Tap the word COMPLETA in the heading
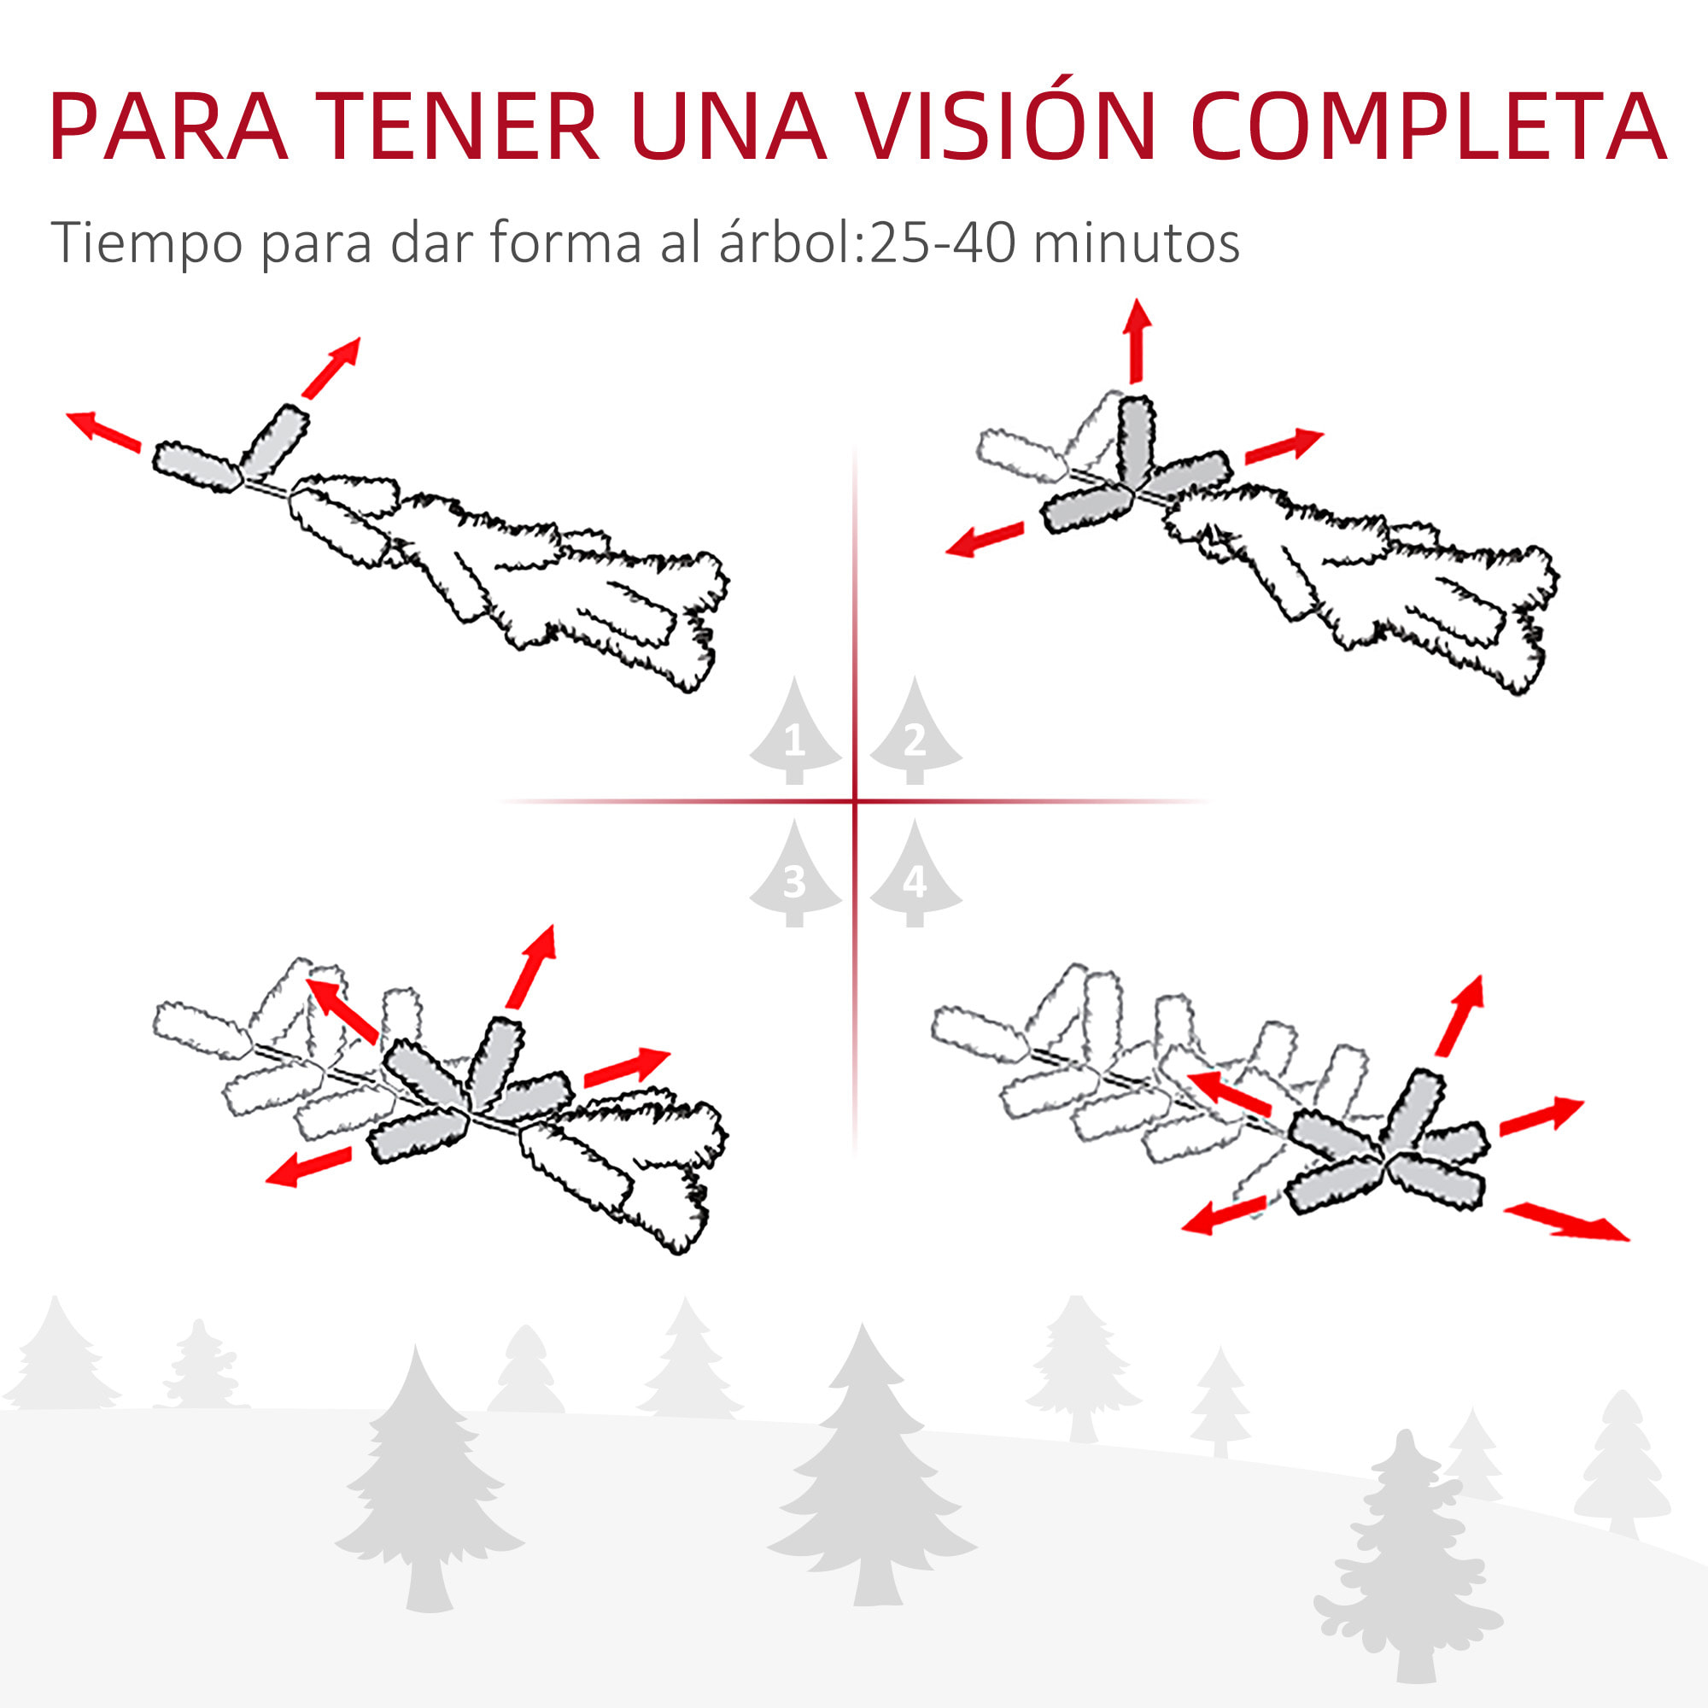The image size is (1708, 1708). click(1427, 126)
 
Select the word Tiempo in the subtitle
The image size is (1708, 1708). click(146, 243)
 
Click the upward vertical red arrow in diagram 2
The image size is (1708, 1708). click(1137, 341)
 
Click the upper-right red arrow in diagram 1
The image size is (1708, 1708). click(331, 367)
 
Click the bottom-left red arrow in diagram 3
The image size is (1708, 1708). click(308, 1166)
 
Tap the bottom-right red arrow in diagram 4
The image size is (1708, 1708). click(1565, 1223)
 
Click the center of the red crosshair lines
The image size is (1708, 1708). click(855, 802)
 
